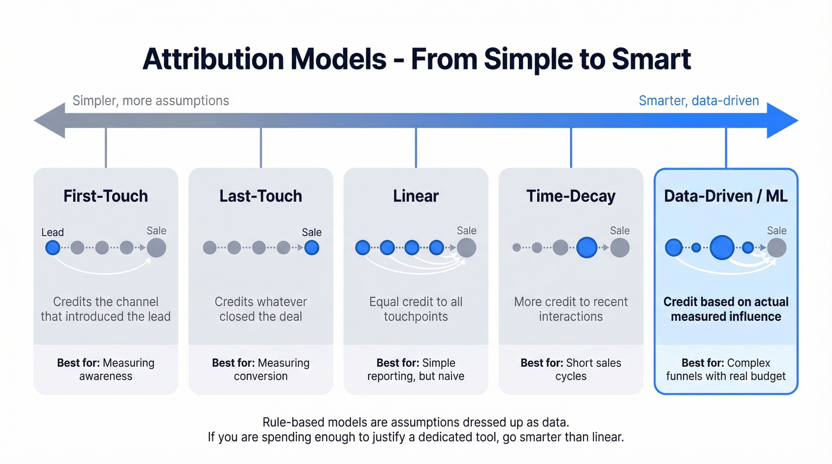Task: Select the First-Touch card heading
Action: (x=106, y=196)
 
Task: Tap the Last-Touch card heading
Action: (x=260, y=196)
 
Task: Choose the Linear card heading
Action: (x=415, y=196)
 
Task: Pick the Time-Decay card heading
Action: (x=571, y=196)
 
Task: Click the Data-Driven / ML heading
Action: (x=726, y=196)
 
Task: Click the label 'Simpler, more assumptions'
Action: (x=150, y=100)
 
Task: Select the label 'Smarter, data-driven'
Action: (x=698, y=100)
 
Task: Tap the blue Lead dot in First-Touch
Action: (x=53, y=248)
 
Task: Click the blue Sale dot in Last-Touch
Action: (x=311, y=248)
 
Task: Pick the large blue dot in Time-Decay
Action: (x=587, y=248)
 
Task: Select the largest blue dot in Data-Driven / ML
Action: (x=722, y=248)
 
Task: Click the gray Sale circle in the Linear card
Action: (x=467, y=248)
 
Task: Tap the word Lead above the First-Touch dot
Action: (x=52, y=232)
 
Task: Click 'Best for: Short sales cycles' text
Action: (x=571, y=370)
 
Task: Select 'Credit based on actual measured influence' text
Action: (x=726, y=309)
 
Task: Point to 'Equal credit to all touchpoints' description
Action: (x=415, y=309)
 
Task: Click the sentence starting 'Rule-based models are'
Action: (x=415, y=422)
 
